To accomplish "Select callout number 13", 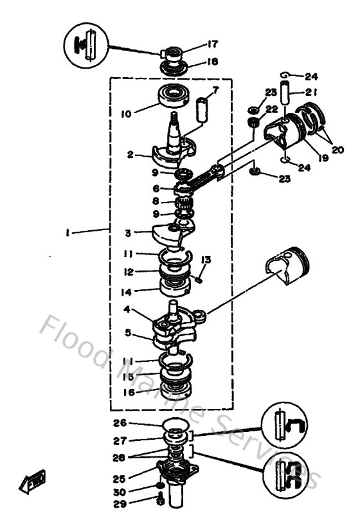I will point(206,260).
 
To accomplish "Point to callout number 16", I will point(130,391).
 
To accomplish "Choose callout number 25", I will point(129,478).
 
